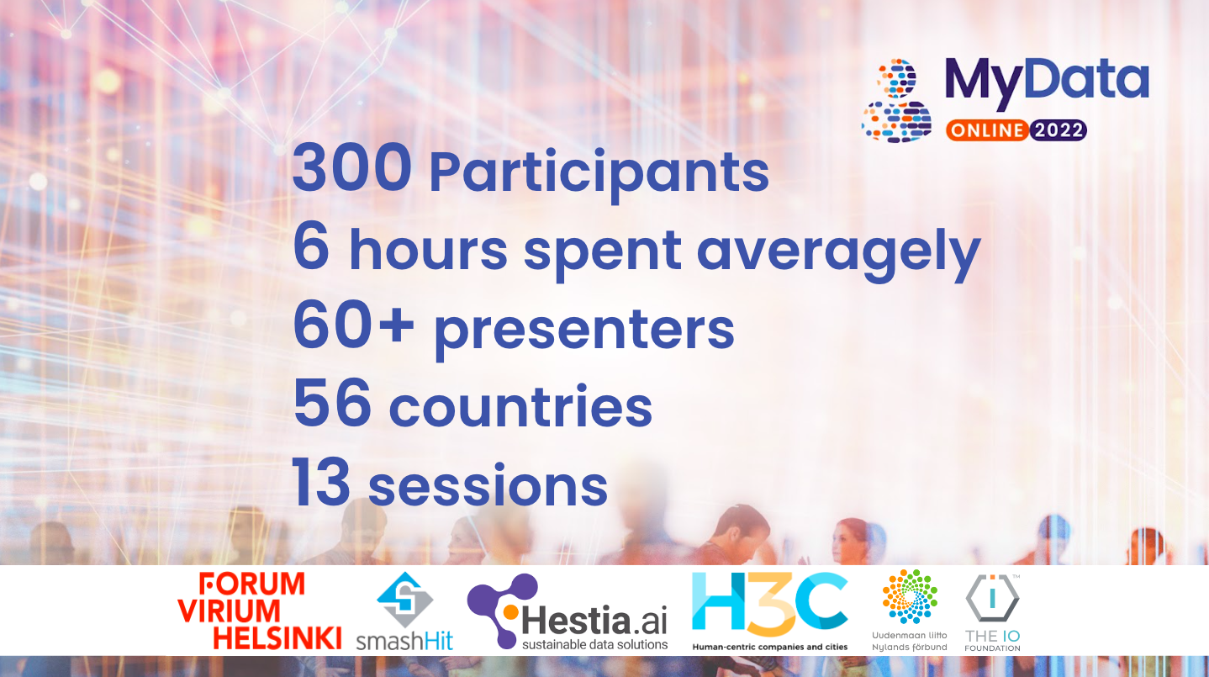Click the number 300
pyautogui.click(x=351, y=168)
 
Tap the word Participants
pyautogui.click(x=599, y=173)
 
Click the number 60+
pyautogui.click(x=353, y=327)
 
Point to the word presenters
pyautogui.click(x=583, y=331)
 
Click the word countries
pyautogui.click(x=520, y=407)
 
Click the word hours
pyautogui.click(x=428, y=250)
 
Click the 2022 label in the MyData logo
pyautogui.click(x=1058, y=130)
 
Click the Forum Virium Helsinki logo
pyautogui.click(x=259, y=611)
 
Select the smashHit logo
pyautogui.click(x=404, y=611)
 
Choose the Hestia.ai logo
pyautogui.click(x=568, y=612)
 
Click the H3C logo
pyautogui.click(x=769, y=607)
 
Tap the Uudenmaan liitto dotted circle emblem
pyautogui.click(x=910, y=597)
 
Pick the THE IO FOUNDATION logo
pyautogui.click(x=992, y=611)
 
